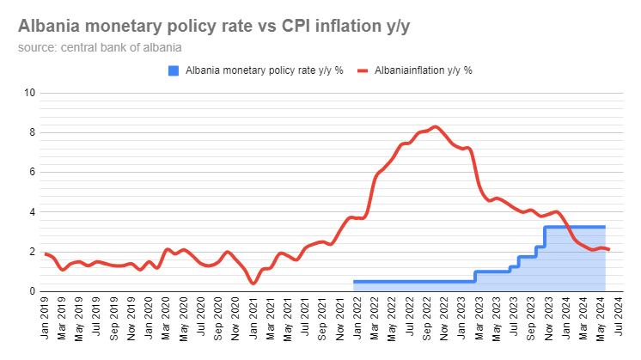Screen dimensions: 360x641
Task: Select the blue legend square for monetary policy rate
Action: [x=174, y=70]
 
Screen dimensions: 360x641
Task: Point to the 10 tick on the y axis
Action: [x=31, y=93]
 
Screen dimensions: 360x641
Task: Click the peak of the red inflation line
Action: [x=436, y=126]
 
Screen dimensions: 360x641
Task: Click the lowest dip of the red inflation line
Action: [x=253, y=283]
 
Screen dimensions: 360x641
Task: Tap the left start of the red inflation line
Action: [x=45, y=253]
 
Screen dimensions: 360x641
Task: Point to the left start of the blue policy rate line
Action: [x=355, y=281]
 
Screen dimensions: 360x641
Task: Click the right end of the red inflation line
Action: [x=609, y=249]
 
